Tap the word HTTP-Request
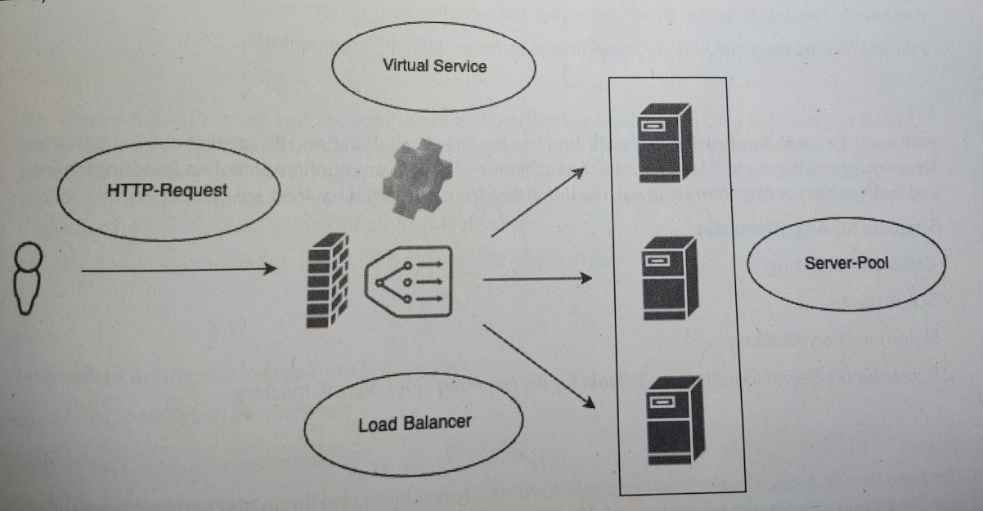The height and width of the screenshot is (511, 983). [167, 191]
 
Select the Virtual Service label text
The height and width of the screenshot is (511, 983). [434, 65]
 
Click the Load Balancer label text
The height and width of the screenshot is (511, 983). [415, 424]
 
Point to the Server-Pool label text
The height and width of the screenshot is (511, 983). [846, 262]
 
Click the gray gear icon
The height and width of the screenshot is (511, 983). [417, 178]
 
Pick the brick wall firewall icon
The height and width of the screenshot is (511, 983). [327, 280]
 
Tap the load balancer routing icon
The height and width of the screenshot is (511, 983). [409, 281]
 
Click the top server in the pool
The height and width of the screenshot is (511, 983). [665, 142]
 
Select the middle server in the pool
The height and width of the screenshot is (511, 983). [670, 278]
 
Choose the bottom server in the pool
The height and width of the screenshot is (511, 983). [676, 419]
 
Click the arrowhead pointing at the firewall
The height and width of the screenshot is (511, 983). [271, 268]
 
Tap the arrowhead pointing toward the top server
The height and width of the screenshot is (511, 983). [578, 173]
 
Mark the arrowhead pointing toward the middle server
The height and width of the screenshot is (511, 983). [586, 278]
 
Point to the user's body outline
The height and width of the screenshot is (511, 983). [27, 291]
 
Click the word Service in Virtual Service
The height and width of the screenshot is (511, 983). [460, 66]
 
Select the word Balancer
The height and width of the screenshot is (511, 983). [437, 423]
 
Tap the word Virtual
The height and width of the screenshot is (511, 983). [406, 65]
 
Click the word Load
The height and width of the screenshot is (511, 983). [378, 425]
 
